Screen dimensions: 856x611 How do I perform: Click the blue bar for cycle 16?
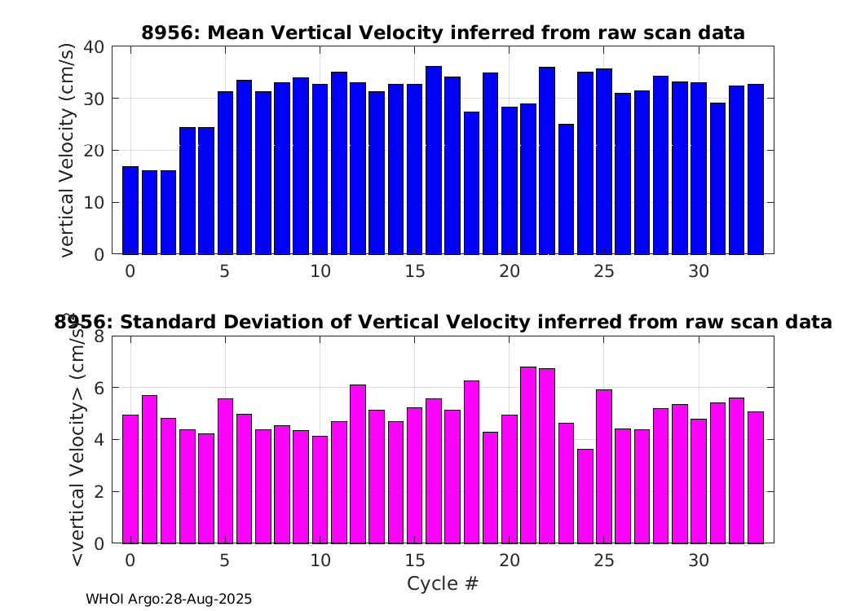(434, 160)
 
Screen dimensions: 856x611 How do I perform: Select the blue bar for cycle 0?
(130, 210)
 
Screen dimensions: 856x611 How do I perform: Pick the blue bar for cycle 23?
(566, 189)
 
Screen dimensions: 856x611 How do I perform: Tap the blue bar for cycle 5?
(226, 173)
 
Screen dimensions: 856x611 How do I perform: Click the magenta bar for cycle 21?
(528, 455)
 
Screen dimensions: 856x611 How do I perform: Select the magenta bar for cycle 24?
(585, 496)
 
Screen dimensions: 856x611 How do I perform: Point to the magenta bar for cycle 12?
(358, 464)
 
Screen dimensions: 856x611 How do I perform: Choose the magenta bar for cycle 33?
(756, 478)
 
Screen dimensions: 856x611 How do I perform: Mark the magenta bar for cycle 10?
(320, 490)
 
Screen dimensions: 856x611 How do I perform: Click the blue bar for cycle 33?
(756, 169)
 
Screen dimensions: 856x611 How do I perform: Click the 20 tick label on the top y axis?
(94, 151)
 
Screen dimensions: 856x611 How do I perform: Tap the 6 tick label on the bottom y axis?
(99, 388)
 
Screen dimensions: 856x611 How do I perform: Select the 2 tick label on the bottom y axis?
(99, 491)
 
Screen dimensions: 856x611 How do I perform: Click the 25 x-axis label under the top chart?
(604, 271)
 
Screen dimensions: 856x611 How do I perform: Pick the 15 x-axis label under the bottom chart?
(415, 560)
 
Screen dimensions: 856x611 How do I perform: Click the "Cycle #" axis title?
(443, 583)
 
